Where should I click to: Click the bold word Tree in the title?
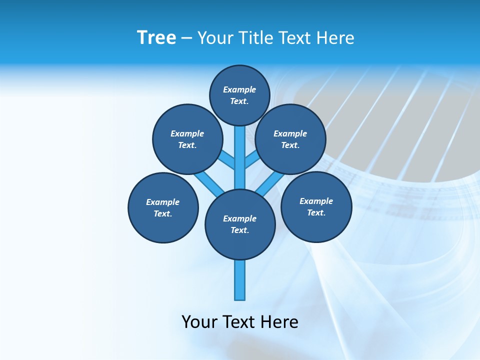(x=156, y=37)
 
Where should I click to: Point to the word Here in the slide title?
(x=336, y=37)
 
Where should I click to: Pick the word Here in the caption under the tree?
(x=280, y=321)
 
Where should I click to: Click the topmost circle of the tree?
(x=239, y=95)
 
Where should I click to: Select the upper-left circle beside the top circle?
(x=187, y=139)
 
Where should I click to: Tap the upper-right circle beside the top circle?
(x=290, y=139)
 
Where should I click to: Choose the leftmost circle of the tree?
(x=163, y=207)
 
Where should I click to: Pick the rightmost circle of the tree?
(x=316, y=206)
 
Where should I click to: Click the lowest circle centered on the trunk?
(x=240, y=224)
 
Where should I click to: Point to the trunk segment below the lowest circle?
(x=240, y=280)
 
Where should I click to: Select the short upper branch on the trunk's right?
(x=252, y=159)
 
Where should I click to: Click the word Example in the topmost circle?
(x=239, y=89)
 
